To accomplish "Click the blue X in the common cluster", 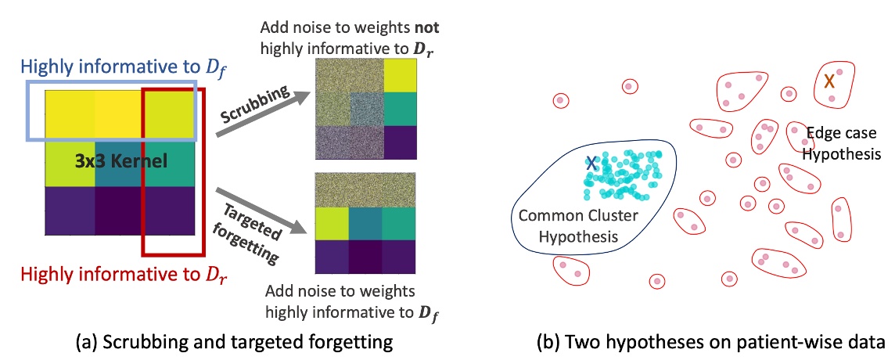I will pyautogui.click(x=592, y=164).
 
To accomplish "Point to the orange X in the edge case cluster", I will pyautogui.click(x=829, y=81).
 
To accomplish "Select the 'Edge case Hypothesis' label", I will pyautogui.click(x=841, y=144).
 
